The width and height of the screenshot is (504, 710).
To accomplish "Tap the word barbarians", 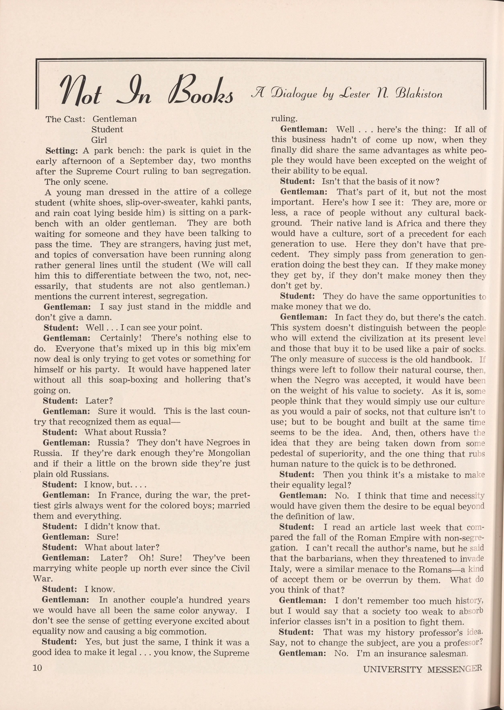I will coord(318,559).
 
